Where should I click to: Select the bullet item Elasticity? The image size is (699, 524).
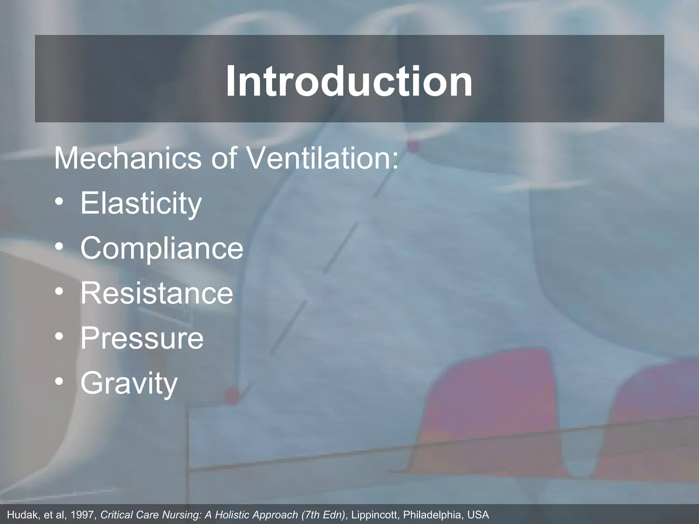[141, 204]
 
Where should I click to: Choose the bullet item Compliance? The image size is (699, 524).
[162, 248]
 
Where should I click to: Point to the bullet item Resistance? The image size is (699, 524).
[157, 293]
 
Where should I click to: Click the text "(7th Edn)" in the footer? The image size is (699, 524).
[323, 515]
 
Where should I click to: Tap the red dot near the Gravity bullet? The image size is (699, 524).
[232, 396]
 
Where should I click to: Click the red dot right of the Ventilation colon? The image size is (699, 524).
[413, 147]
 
